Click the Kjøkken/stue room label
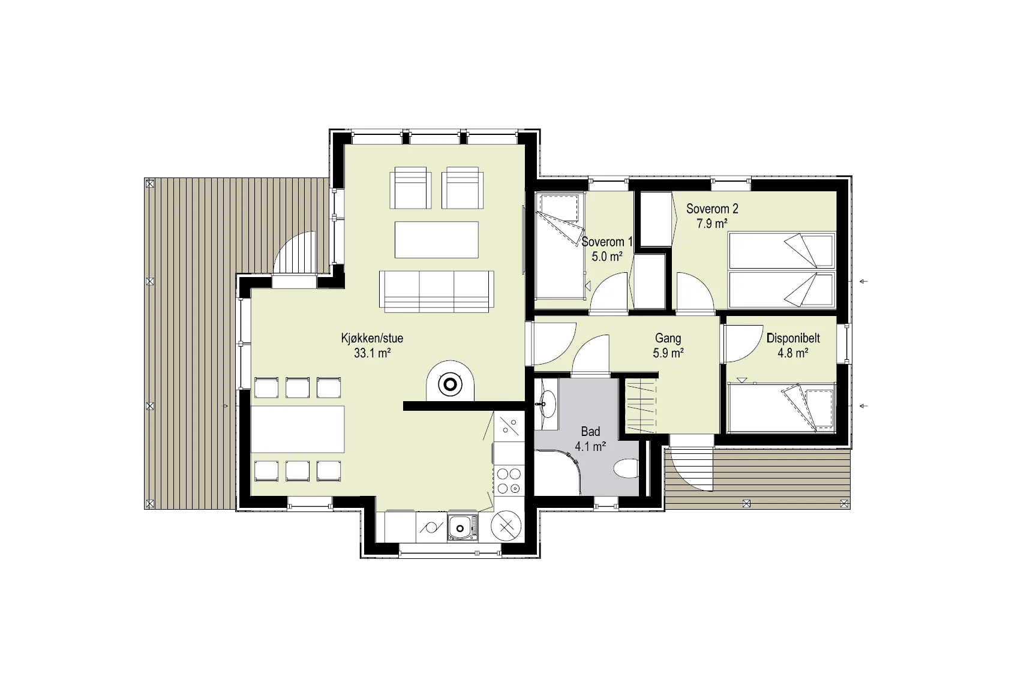pyautogui.click(x=372, y=338)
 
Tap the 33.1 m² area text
pyautogui.click(x=372, y=353)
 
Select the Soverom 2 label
pyautogui.click(x=712, y=209)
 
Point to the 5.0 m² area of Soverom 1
pyautogui.click(x=607, y=257)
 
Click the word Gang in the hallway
pyautogui.click(x=668, y=338)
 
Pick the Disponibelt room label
pyautogui.click(x=793, y=338)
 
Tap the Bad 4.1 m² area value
pyautogui.click(x=590, y=447)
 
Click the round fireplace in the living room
pyautogui.click(x=451, y=384)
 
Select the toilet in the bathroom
pyautogui.click(x=626, y=468)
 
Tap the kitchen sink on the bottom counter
pyautogui.click(x=463, y=527)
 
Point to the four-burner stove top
pyautogui.click(x=509, y=481)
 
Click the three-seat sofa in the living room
pyautogui.click(x=437, y=291)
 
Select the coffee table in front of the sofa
pyautogui.click(x=437, y=239)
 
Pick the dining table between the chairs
pyautogui.click(x=298, y=429)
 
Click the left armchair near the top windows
pyautogui.click(x=410, y=188)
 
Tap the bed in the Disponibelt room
pyautogui.click(x=781, y=407)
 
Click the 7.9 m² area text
pyautogui.click(x=712, y=224)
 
